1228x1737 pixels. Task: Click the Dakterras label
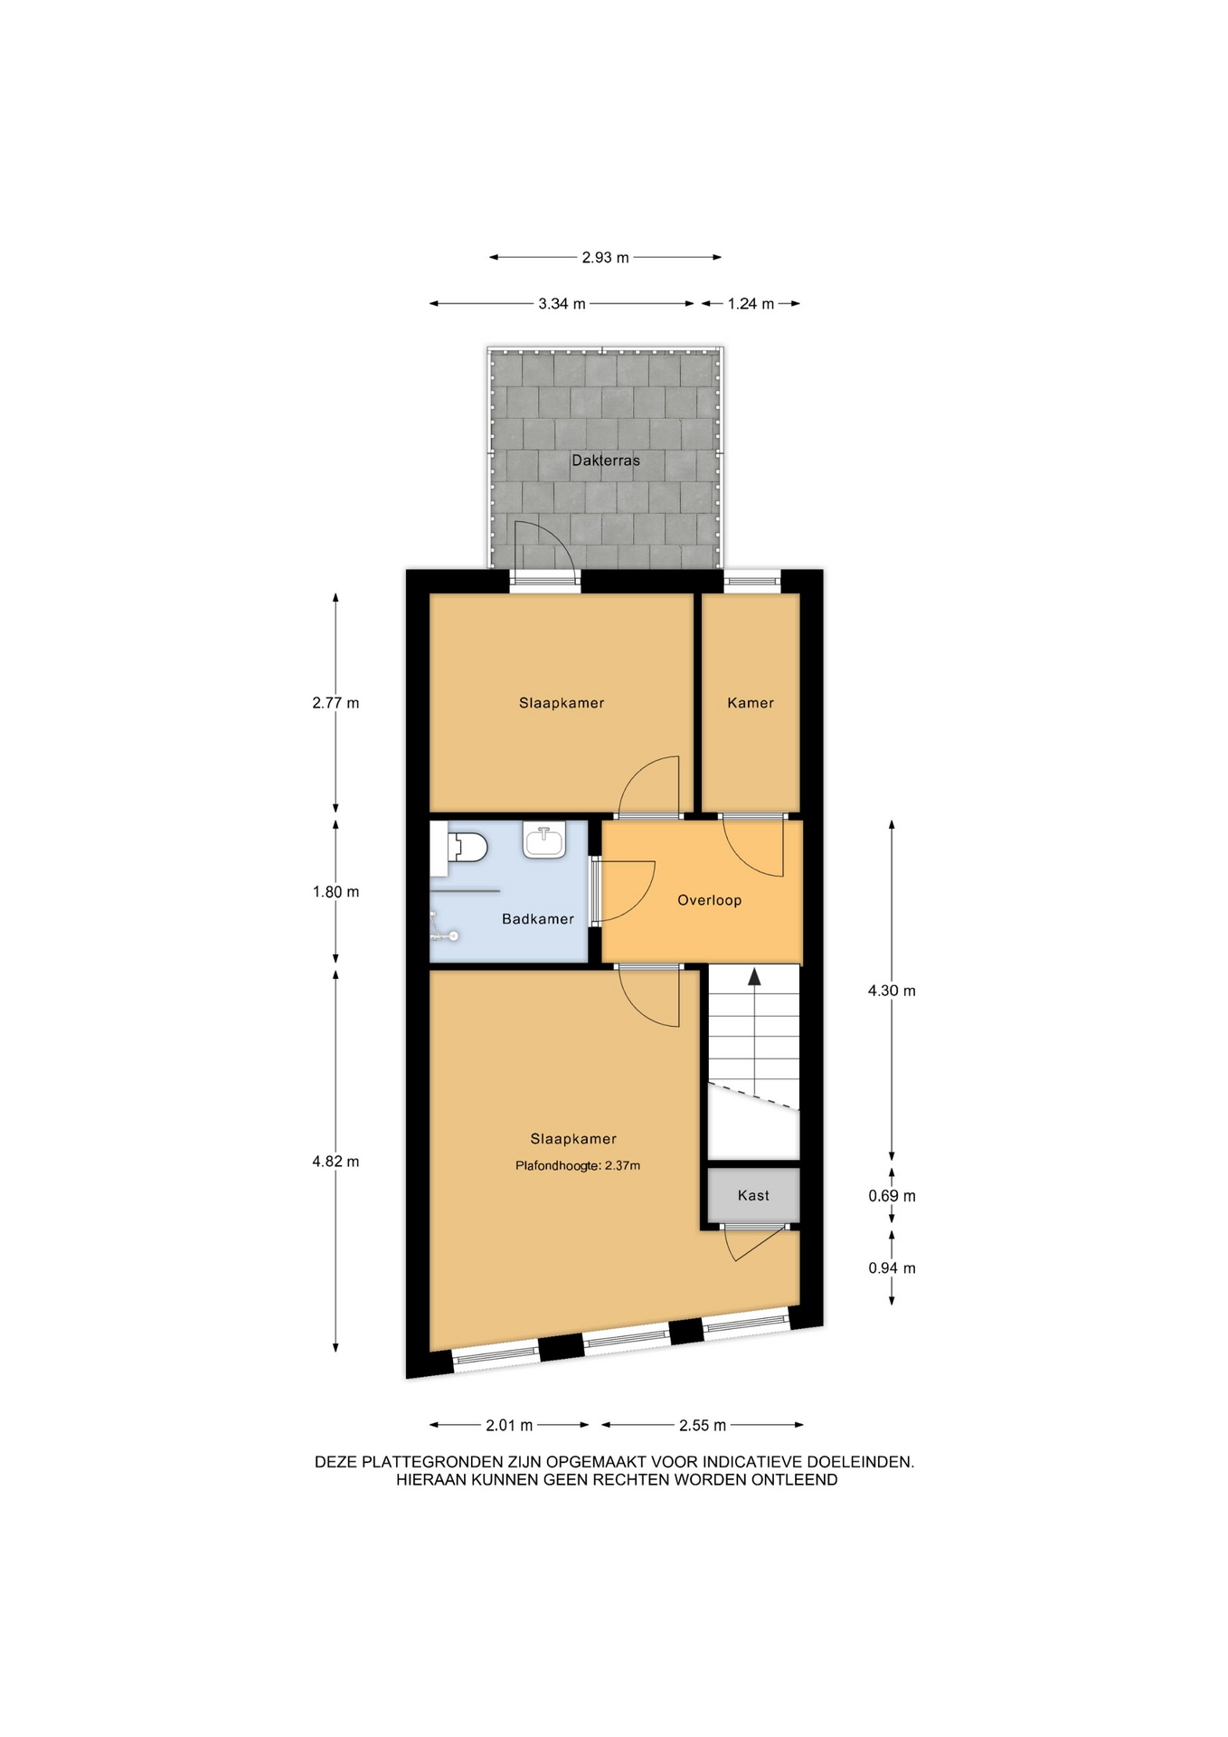(x=605, y=460)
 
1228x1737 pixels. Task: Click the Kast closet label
(x=753, y=1195)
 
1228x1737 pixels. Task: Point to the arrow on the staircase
(x=754, y=975)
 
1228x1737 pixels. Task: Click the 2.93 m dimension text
(x=605, y=258)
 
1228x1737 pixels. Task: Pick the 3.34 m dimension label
(x=562, y=304)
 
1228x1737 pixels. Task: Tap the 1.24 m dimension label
(x=751, y=304)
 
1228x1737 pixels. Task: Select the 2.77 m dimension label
(x=335, y=703)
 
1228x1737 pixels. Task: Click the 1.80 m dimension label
(x=335, y=892)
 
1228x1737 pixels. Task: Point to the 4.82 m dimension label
(x=335, y=1162)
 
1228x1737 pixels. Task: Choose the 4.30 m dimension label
(x=892, y=991)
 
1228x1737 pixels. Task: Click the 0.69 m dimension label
(x=892, y=1196)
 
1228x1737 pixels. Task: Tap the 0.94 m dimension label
(x=892, y=1268)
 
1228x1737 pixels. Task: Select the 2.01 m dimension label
(x=509, y=1426)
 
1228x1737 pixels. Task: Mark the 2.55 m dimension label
(x=703, y=1426)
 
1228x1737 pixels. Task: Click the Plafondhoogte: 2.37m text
(x=578, y=1166)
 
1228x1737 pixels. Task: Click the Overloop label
(x=710, y=900)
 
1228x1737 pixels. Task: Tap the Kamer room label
(x=751, y=703)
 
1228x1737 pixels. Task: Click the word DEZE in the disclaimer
(x=336, y=1462)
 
